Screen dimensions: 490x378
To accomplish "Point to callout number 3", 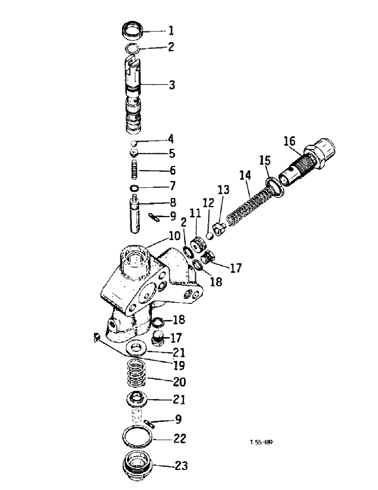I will (171, 85).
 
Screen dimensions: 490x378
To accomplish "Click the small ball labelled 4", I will (133, 143).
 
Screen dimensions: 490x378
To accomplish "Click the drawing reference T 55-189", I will (261, 442).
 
